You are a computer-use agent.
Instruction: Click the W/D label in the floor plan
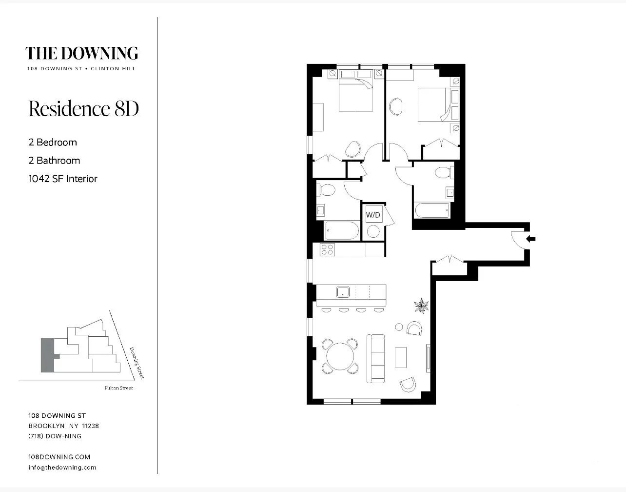point(373,215)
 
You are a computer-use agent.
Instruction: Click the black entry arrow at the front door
point(531,239)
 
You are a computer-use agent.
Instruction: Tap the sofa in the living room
point(375,358)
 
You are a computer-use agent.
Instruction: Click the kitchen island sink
point(343,292)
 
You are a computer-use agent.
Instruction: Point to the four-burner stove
point(327,250)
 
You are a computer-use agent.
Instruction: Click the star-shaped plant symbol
point(421,306)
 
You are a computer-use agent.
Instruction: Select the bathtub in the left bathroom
point(342,230)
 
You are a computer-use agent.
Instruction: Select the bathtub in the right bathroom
point(432,210)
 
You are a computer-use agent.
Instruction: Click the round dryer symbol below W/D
point(373,231)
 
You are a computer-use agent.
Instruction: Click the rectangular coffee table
point(400,357)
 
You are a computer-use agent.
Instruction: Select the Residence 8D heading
point(84,108)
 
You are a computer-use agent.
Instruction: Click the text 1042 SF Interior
point(63,179)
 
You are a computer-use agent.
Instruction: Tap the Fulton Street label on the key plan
point(118,388)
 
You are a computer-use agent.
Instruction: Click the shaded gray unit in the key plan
point(47,355)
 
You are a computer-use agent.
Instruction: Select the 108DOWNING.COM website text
point(59,457)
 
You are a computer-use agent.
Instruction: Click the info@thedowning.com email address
point(62,467)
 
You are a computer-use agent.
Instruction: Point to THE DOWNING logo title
point(81,53)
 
